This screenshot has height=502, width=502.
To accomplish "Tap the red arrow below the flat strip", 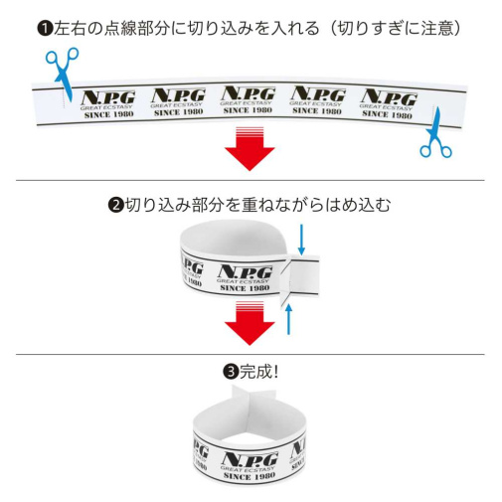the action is [250, 148].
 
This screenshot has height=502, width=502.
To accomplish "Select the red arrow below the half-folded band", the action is [250, 323].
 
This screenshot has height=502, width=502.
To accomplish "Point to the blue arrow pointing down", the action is [301, 240].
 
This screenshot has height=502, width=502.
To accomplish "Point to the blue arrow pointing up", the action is [289, 319].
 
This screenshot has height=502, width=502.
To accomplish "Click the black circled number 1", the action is [45, 29].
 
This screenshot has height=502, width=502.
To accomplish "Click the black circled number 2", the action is [116, 205].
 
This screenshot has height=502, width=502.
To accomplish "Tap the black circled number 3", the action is [231, 372].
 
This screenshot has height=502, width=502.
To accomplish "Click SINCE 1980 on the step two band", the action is [245, 288].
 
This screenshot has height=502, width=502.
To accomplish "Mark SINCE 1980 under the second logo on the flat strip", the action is [178, 112].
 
